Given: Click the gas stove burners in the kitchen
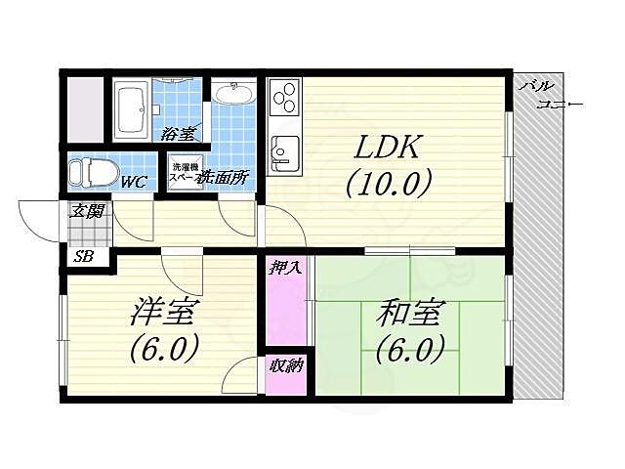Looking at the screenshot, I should point(284,97).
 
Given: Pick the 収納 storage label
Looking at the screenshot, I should point(284,366).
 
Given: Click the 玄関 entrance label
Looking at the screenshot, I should point(84,210).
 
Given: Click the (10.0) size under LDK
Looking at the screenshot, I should point(387,183).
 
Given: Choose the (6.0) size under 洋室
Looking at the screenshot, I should point(164,347).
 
